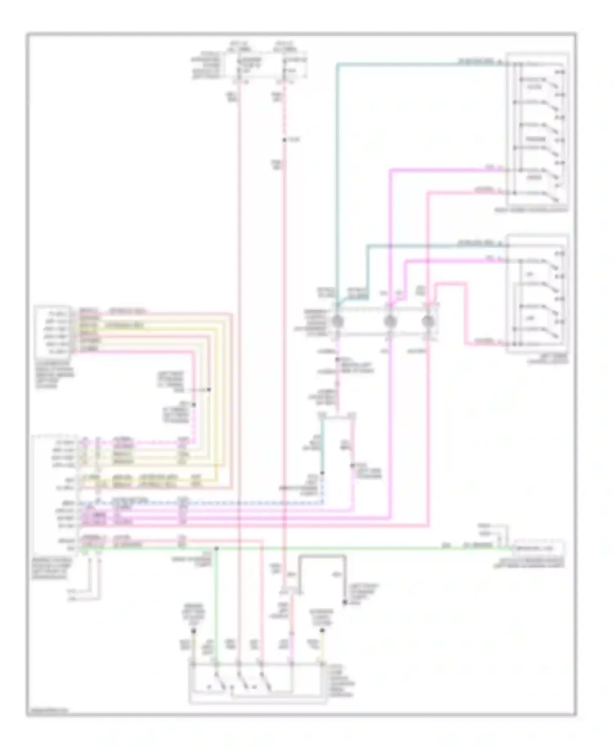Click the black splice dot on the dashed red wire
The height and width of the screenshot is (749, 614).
tap(284, 141)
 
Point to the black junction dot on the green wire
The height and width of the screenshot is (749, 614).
tap(217, 548)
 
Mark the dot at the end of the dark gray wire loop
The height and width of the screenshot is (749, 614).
tap(345, 603)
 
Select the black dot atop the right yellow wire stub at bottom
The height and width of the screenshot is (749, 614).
tap(323, 631)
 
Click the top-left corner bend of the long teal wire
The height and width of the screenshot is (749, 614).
tap(338, 64)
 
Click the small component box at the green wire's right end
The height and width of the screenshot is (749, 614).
tap(540, 548)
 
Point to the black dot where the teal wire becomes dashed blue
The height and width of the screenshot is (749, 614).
tap(322, 473)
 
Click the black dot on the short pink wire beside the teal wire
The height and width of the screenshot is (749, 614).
tap(353, 466)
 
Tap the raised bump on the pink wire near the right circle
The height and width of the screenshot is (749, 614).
tap(450, 283)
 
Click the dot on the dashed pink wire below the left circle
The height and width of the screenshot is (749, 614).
tap(338, 360)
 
